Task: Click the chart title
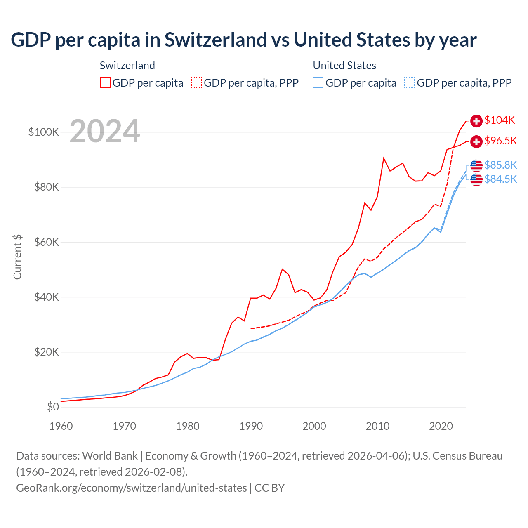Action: point(243,40)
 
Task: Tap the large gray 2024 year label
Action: point(105,132)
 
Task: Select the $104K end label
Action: point(500,120)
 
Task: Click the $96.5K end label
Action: point(500,141)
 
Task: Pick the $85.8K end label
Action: point(500,165)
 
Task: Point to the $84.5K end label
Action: point(500,179)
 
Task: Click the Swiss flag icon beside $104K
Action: point(476,121)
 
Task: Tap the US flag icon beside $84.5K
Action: point(476,179)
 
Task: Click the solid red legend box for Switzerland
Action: point(105,83)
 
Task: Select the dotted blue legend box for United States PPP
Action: point(410,83)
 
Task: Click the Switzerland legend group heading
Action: point(127,66)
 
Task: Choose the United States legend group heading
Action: point(344,66)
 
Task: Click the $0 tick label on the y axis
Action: point(53,407)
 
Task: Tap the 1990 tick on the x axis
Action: point(251,426)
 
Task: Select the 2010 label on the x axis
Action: point(377,426)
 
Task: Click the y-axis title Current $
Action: point(17,257)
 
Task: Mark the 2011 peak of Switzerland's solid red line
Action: point(384,158)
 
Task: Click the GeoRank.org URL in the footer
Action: point(131,488)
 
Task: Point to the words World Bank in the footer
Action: point(110,456)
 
